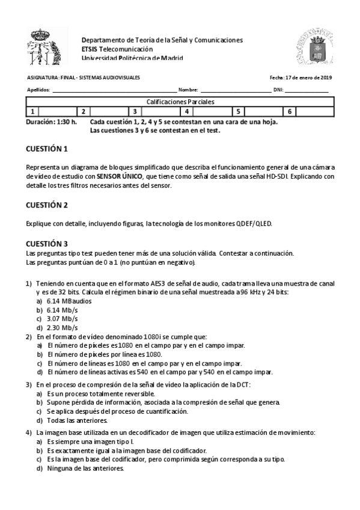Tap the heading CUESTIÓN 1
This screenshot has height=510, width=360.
(47, 149)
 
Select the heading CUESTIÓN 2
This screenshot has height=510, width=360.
(47, 205)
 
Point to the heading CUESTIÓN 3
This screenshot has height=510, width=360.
(47, 244)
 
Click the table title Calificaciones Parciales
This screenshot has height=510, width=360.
(180, 102)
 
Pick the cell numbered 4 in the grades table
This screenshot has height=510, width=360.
(187, 111)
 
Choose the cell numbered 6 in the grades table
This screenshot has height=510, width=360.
(290, 111)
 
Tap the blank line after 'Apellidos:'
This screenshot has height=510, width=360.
(114, 91)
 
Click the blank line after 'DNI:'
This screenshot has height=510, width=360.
(307, 91)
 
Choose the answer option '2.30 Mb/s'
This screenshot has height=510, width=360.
(63, 328)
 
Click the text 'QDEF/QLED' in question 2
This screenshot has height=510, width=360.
(255, 224)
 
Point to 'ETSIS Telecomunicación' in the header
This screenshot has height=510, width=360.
(117, 49)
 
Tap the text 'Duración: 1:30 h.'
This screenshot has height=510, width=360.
(52, 121)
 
